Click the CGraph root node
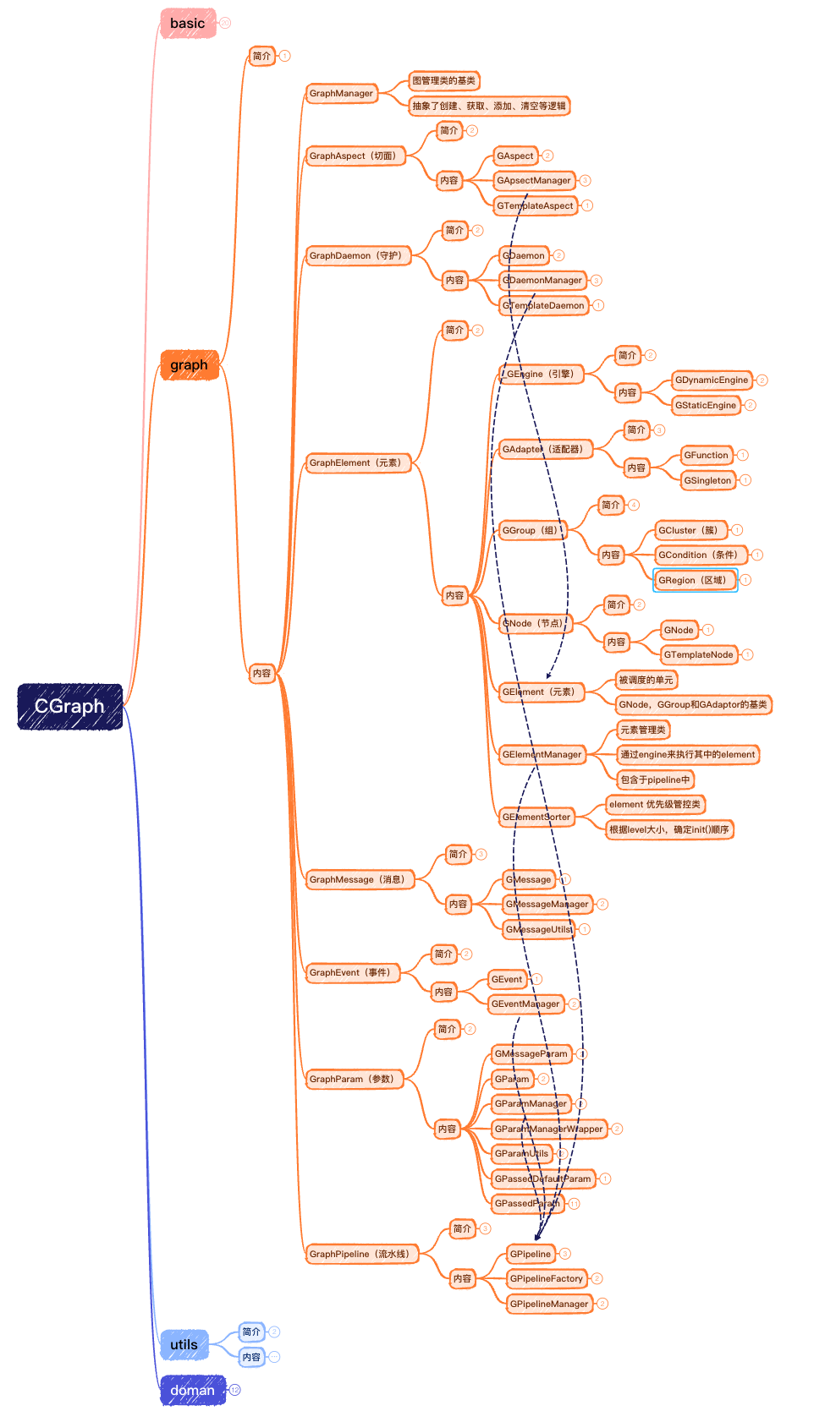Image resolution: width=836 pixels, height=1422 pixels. [x=69, y=707]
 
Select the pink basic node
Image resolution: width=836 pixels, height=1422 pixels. [x=187, y=24]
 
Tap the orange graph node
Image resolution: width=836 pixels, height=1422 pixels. [x=189, y=365]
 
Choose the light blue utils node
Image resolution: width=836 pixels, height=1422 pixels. [x=184, y=1344]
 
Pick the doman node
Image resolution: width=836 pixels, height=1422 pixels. [x=192, y=1391]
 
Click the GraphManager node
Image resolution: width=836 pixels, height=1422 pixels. [x=341, y=94]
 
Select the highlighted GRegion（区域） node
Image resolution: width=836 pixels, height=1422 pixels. [x=694, y=581]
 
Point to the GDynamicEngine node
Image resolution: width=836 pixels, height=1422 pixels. [x=712, y=380]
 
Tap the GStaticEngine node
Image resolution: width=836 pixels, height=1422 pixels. [x=706, y=406]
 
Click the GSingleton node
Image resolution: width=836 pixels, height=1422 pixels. [x=707, y=481]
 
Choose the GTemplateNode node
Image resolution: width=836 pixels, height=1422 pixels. [x=698, y=655]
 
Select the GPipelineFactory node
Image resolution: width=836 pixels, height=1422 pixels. [x=546, y=1279]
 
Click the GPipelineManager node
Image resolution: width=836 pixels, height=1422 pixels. [x=548, y=1304]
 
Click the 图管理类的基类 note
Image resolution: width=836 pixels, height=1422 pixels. [x=443, y=81]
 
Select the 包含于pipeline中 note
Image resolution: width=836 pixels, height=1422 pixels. [x=655, y=780]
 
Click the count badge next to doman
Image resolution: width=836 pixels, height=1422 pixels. [x=235, y=1390]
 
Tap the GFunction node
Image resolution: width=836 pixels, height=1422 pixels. [x=706, y=456]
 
